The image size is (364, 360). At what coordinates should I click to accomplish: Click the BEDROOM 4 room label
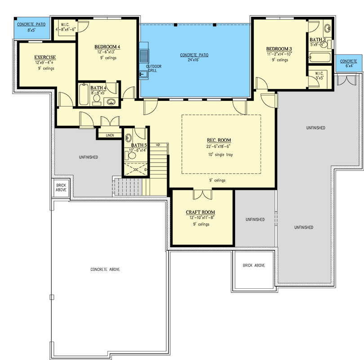coord(107,47)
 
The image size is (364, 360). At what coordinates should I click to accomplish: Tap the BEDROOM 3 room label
coord(279,49)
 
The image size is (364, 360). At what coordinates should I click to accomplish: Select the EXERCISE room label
coord(45,57)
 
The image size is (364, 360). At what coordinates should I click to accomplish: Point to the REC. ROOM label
coord(219,140)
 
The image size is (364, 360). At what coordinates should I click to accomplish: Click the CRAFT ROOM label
coord(200,212)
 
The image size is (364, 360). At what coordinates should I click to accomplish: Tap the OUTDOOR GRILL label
coord(154,68)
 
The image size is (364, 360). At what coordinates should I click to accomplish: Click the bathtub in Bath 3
coord(320,58)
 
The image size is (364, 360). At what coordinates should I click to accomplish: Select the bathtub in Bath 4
coord(84,94)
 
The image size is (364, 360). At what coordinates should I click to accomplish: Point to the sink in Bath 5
coord(128,138)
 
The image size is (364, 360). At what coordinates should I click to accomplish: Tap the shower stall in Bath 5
coord(136,170)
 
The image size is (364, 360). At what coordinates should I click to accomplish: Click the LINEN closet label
coord(110,135)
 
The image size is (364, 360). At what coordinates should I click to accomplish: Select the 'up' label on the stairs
coord(158,144)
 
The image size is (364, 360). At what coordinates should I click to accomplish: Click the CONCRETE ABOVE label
coord(105,270)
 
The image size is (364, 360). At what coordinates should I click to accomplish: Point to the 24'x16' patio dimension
coord(193,60)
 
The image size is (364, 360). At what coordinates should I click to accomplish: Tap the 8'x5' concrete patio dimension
coord(31,30)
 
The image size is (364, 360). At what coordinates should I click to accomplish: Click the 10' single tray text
coord(220,154)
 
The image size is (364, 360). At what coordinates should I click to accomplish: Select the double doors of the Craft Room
coord(202,195)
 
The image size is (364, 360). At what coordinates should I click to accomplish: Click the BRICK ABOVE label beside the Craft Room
coord(254,265)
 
